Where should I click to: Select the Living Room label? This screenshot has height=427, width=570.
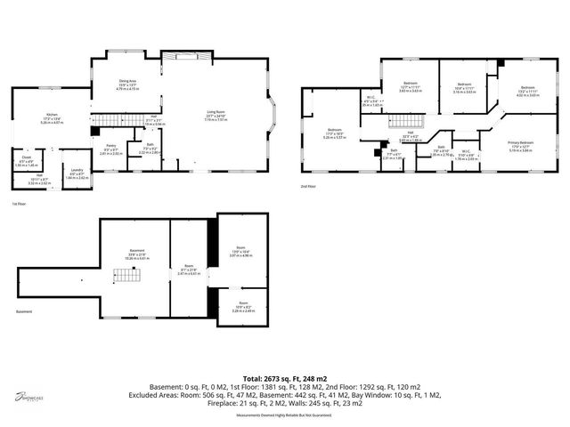[216, 115]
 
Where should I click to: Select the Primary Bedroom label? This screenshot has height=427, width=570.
[520, 145]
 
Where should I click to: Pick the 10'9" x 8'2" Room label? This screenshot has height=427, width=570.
[243, 308]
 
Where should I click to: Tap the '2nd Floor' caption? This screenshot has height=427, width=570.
[307, 186]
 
